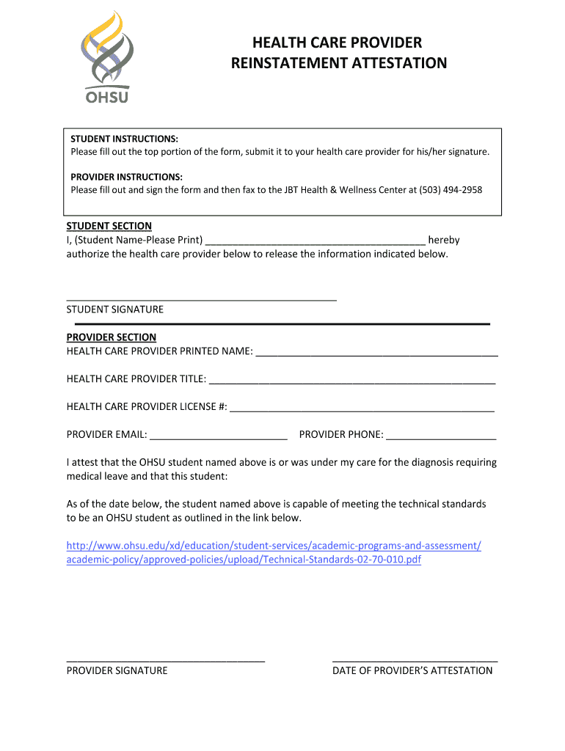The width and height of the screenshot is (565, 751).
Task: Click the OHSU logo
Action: (x=107, y=57)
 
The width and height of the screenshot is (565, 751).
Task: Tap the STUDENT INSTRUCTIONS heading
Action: (x=124, y=139)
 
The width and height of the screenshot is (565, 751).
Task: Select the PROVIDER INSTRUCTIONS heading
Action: (x=126, y=177)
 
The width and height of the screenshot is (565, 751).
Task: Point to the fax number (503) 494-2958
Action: (x=451, y=190)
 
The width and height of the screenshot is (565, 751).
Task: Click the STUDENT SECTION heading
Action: (x=109, y=226)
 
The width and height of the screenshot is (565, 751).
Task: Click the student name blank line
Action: (x=316, y=241)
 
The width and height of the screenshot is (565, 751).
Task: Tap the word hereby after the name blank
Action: (x=444, y=240)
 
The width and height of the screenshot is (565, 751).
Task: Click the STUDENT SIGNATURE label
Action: (x=115, y=309)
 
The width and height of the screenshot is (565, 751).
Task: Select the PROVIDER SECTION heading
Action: (x=112, y=337)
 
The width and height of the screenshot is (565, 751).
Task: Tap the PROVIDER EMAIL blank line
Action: (x=218, y=436)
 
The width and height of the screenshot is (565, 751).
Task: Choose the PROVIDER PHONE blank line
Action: (x=441, y=436)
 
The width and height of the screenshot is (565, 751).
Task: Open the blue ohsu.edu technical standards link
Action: (x=274, y=553)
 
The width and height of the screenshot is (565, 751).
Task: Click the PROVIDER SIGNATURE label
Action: (x=117, y=670)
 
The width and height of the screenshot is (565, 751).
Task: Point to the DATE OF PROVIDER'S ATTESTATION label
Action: (x=412, y=670)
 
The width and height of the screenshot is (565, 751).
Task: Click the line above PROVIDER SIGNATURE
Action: (x=166, y=661)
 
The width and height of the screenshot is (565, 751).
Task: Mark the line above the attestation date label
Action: (x=415, y=661)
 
